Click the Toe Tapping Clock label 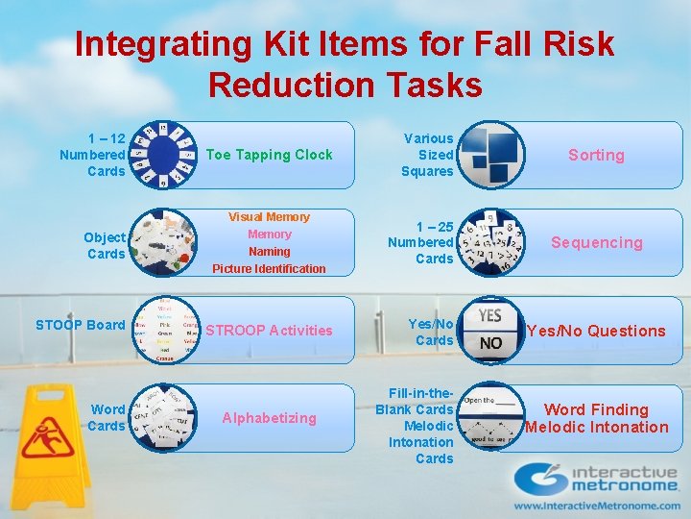[269, 155]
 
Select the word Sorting [596, 155]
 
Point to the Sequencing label [596, 242]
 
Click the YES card [490, 316]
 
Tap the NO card [490, 343]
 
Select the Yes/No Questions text [596, 331]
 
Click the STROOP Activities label [269, 331]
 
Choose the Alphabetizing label [269, 418]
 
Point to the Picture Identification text [269, 269]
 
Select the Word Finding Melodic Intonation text [596, 418]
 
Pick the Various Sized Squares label [428, 155]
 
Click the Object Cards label [106, 245]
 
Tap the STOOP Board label [81, 325]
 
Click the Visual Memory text [269, 217]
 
